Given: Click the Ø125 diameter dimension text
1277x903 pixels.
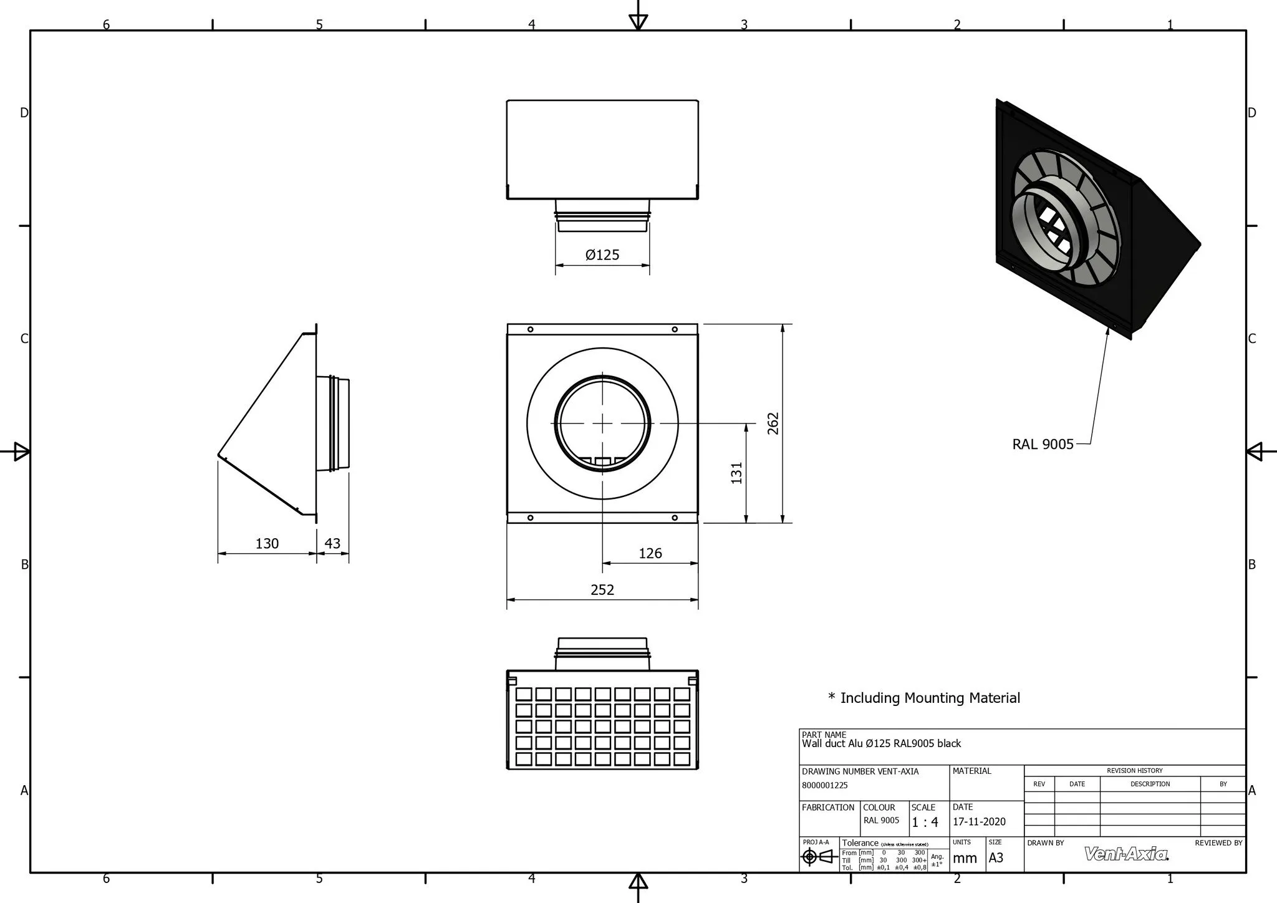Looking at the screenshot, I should click(602, 254).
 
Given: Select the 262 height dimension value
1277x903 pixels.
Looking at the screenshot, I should click(773, 423).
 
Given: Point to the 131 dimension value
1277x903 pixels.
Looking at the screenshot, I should click(737, 473).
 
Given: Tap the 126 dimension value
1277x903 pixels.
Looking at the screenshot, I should click(650, 553).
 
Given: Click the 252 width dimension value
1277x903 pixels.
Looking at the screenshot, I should click(602, 589).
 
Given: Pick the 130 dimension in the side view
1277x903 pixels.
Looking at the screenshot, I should click(267, 543).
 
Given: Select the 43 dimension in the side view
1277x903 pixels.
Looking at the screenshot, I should click(332, 543).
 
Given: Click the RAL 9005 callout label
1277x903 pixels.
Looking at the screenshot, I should click(1043, 444).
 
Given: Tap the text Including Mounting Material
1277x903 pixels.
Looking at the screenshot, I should click(930, 698).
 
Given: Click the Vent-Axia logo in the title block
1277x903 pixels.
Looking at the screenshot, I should click(1126, 854).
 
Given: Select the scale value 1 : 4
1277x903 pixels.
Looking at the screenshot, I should click(925, 822).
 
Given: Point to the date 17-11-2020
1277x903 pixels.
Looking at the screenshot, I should click(979, 822).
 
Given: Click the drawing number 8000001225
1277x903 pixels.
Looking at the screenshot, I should click(824, 785).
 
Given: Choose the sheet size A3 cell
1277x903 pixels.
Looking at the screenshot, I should click(996, 857).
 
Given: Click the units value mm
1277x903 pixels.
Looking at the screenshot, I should click(965, 858).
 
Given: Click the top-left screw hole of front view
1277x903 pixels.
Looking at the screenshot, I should click(530, 329).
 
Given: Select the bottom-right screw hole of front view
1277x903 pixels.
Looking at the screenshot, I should click(675, 517).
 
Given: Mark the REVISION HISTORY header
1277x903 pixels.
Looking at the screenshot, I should click(1134, 770).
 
